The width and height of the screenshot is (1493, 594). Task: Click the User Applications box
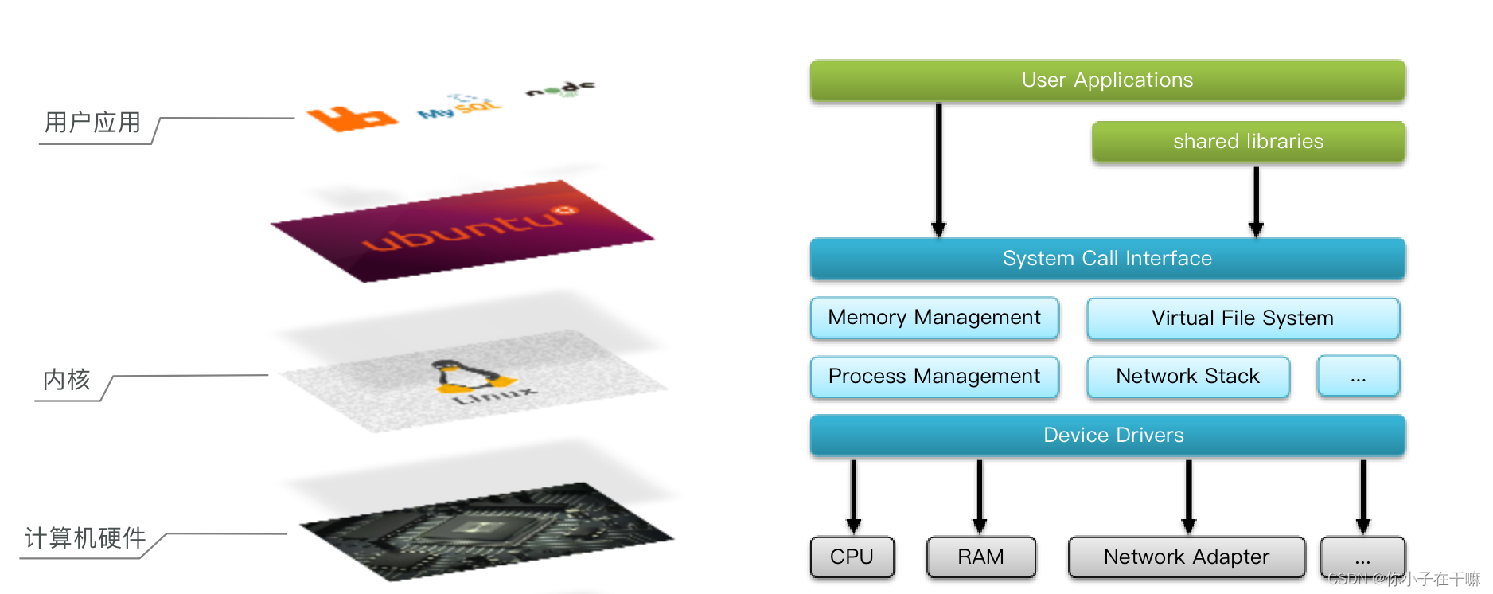(x=1107, y=80)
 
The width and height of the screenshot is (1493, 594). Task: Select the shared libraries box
(x=1248, y=142)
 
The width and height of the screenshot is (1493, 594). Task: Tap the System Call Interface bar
(x=1107, y=259)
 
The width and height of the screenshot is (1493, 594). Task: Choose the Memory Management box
(x=934, y=318)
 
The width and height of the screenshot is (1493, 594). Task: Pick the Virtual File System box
(x=1242, y=318)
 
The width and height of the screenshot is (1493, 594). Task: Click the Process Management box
(x=934, y=377)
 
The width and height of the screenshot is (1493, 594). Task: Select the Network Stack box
(x=1187, y=377)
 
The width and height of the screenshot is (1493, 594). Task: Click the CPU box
(x=852, y=557)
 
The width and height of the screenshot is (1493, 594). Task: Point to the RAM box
(x=980, y=557)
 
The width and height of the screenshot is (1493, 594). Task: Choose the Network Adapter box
(x=1186, y=557)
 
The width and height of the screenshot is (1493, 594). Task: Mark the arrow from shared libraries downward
(x=1256, y=201)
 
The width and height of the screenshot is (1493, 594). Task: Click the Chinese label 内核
(x=67, y=380)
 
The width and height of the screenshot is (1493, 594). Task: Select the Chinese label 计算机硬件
(x=85, y=538)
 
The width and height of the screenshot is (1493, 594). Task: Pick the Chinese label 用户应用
(x=93, y=123)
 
